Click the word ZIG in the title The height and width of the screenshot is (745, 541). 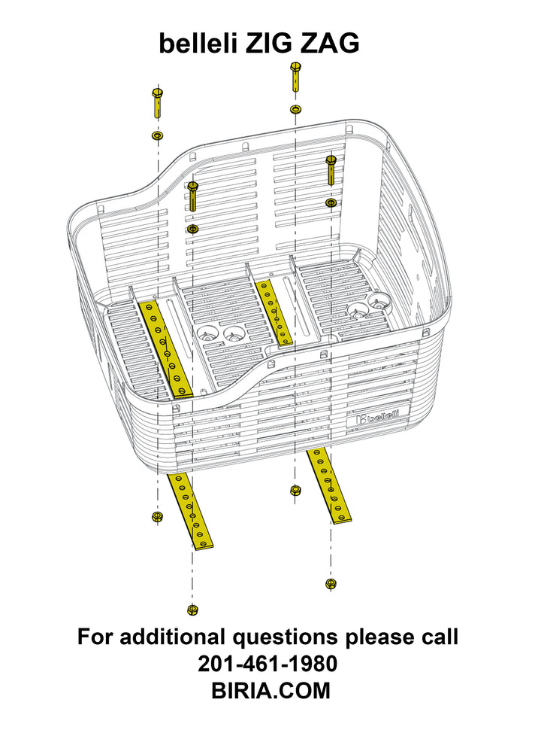[267, 44]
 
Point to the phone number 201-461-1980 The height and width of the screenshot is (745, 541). [267, 664]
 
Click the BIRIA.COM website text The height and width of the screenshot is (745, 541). [270, 690]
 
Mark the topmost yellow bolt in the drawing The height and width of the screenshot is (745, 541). [295, 76]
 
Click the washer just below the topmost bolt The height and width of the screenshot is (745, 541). [295, 109]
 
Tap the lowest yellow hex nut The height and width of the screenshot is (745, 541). [192, 609]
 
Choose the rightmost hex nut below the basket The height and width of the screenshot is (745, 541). [331, 583]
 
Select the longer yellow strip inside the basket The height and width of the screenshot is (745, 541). [166, 348]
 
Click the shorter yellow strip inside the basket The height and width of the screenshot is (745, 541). [274, 312]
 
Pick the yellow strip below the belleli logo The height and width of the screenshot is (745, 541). [328, 485]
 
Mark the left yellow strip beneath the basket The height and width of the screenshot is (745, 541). [190, 511]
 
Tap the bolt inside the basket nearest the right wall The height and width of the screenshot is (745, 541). [331, 169]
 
